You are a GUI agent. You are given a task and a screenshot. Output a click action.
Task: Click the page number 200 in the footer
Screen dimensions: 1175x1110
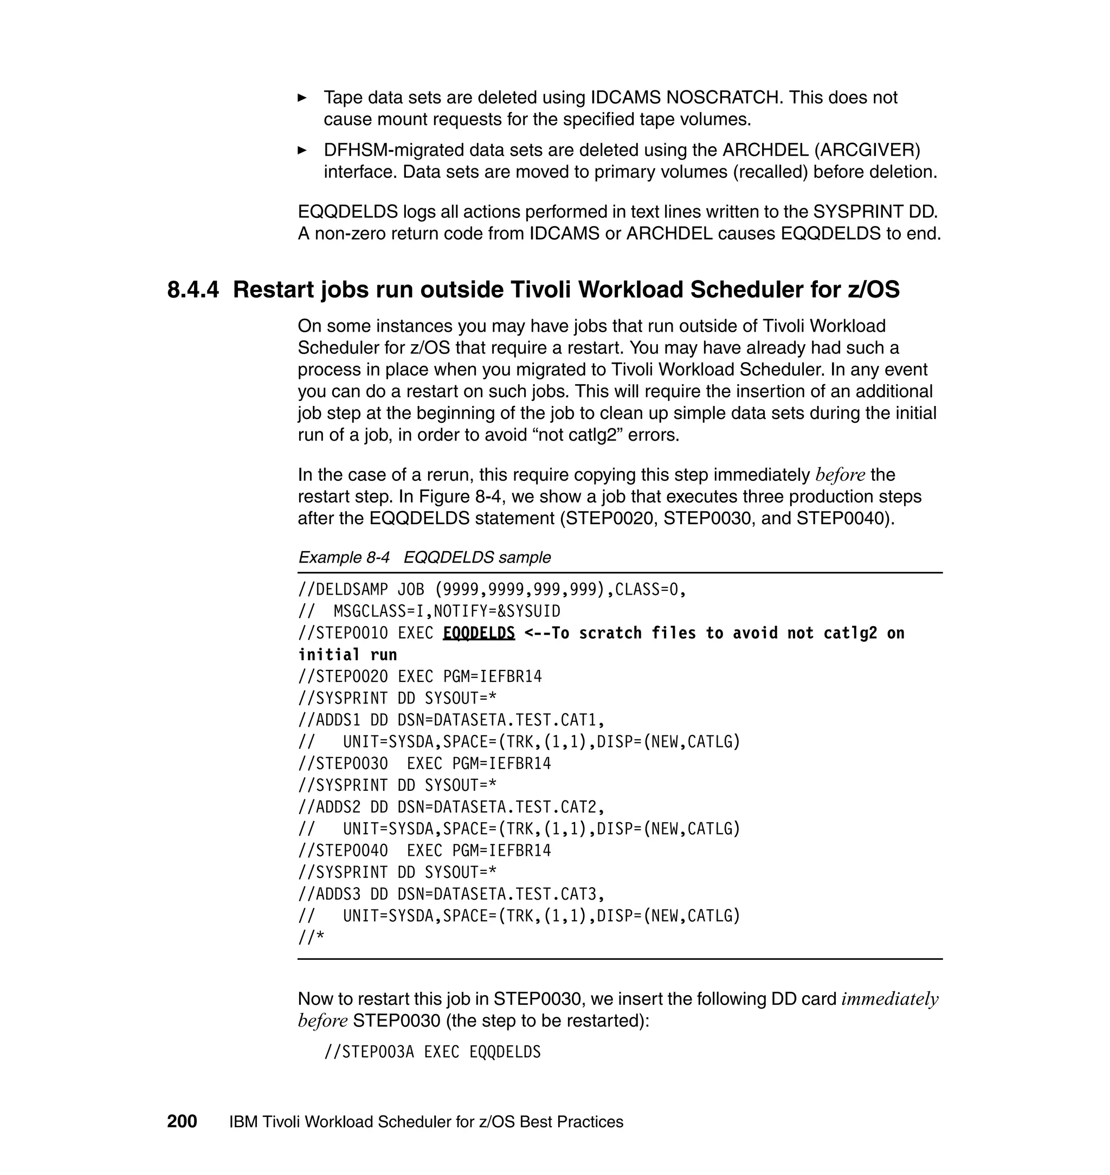(182, 1121)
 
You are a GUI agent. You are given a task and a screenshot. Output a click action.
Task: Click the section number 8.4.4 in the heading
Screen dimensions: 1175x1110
(193, 290)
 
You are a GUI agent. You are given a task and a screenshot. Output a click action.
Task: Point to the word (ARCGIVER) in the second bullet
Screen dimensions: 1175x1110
(867, 150)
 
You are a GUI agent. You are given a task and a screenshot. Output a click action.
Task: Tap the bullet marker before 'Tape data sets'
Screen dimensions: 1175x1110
(302, 98)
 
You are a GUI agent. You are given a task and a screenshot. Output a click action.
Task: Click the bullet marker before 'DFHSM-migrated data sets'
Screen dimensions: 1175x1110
(302, 150)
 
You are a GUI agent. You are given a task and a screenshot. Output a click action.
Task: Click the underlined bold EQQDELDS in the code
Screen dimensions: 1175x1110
(479, 633)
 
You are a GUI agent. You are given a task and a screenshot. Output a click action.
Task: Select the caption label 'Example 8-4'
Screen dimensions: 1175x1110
(344, 557)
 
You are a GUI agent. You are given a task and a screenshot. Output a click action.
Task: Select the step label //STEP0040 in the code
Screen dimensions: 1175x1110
(343, 851)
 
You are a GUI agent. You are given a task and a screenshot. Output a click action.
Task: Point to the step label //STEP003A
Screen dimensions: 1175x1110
(369, 1052)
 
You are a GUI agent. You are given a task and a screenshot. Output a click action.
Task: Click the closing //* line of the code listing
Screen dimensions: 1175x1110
(311, 938)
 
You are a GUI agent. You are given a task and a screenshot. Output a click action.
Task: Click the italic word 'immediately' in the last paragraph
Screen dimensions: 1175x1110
(889, 999)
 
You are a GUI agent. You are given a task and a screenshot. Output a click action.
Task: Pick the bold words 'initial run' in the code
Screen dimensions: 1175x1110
(347, 655)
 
